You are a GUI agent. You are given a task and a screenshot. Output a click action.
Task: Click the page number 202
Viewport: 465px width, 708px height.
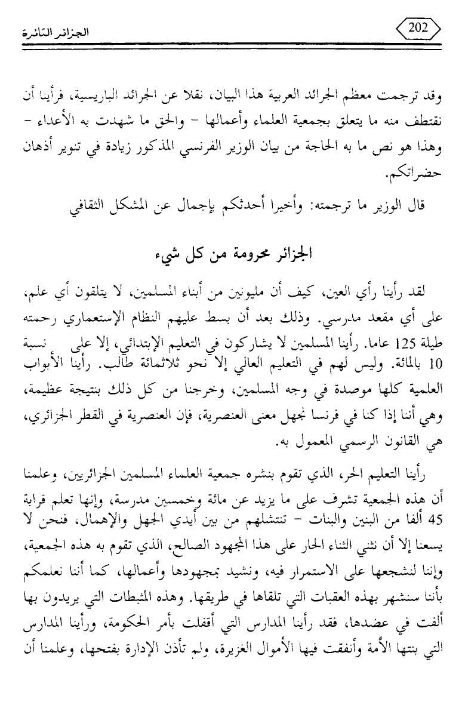click(421, 29)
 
